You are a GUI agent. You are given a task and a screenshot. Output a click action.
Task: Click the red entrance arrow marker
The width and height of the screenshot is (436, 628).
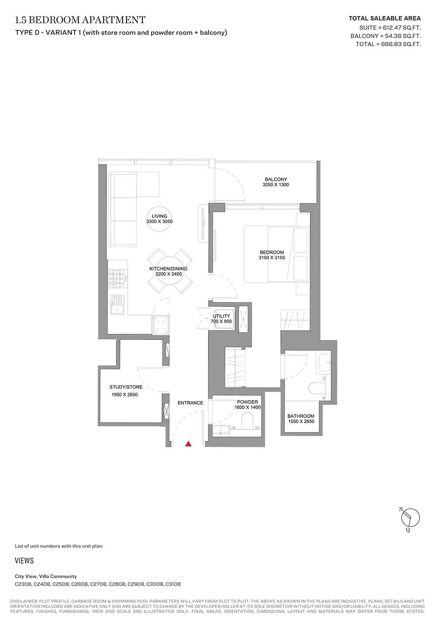pos(188,444)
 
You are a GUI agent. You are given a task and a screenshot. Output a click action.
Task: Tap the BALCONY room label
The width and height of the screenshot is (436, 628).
pos(276,179)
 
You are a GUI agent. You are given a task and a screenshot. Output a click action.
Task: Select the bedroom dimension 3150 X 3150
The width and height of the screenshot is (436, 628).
pos(272,258)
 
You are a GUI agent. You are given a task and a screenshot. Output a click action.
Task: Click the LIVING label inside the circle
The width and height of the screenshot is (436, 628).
pos(160,216)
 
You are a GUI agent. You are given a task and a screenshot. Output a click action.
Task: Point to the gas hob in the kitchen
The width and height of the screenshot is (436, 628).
pos(117,278)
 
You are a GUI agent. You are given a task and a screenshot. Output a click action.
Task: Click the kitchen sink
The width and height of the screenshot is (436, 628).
pos(117,305)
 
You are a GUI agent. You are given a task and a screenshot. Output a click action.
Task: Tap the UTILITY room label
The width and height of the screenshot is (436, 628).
pos(221,316)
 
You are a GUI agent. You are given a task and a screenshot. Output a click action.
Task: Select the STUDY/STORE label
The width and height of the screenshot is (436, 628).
pos(126,387)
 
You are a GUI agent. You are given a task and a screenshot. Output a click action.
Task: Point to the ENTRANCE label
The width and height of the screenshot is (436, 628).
pos(190,403)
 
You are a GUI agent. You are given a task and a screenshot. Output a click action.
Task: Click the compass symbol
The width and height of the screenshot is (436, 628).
pos(410,519)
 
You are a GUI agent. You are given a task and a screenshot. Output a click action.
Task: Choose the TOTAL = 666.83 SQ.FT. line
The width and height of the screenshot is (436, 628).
pos(388,44)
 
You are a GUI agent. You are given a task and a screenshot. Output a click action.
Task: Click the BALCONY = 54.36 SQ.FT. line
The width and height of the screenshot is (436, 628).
pos(385,36)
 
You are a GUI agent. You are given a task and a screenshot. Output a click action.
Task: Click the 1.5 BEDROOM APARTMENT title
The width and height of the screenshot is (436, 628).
pos(80,20)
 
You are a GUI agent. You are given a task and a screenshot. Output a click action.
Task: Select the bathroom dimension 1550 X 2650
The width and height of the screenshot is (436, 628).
pos(301,421)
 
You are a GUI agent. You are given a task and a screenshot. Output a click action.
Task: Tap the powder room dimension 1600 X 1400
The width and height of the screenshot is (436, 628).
pos(248,407)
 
